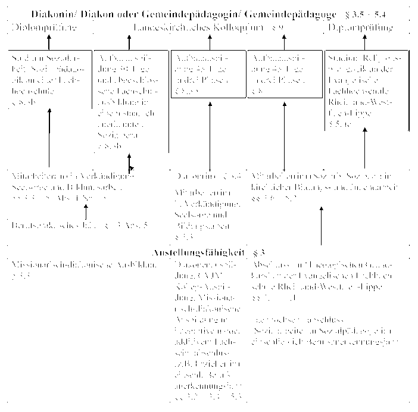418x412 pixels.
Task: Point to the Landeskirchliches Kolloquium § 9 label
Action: coord(209,27)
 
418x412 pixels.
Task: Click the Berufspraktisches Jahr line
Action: coord(79,225)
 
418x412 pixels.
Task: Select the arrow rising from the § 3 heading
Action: coord(321,226)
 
